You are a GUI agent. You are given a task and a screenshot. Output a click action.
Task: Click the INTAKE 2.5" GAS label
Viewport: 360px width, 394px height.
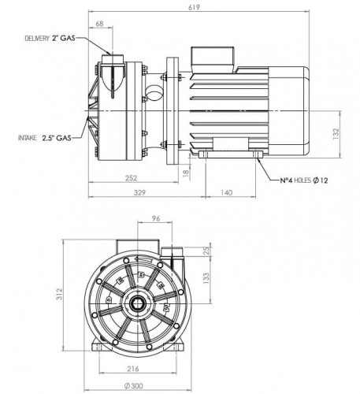[44, 137]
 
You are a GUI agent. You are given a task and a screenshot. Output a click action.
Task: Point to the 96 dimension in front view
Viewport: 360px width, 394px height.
[156, 220]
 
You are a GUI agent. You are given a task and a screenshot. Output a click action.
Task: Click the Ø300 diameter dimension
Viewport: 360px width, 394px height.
[138, 385]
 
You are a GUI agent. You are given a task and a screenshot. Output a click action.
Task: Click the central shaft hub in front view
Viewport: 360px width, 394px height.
[139, 303]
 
